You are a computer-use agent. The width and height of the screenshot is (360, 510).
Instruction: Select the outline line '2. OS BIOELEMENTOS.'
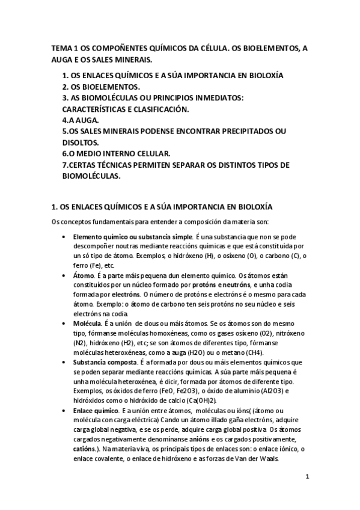101,87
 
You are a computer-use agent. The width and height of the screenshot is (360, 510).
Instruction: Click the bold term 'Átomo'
84,275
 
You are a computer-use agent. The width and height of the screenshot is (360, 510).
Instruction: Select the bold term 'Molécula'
89,323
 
